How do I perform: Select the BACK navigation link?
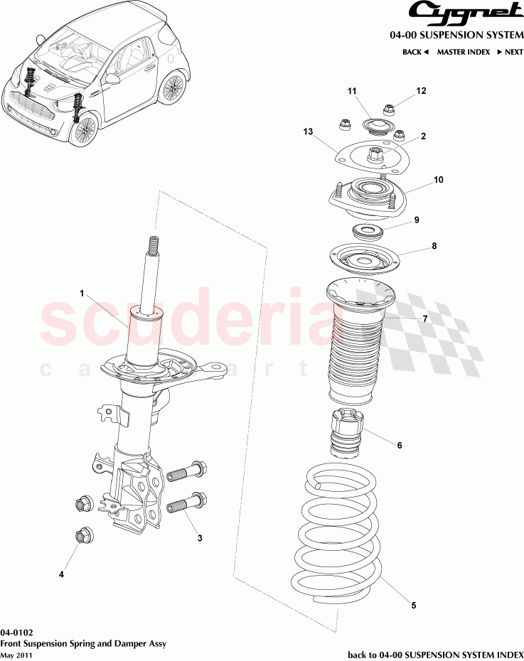point(415,52)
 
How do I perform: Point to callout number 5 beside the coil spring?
point(414,606)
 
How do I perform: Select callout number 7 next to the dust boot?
point(424,319)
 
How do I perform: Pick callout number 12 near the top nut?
point(421,91)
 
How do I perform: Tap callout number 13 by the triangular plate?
point(308,132)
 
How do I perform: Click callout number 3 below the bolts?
point(200,538)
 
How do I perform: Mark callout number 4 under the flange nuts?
point(60,574)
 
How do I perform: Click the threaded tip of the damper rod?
point(152,245)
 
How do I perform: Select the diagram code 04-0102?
point(16,632)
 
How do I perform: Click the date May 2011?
point(16,655)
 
